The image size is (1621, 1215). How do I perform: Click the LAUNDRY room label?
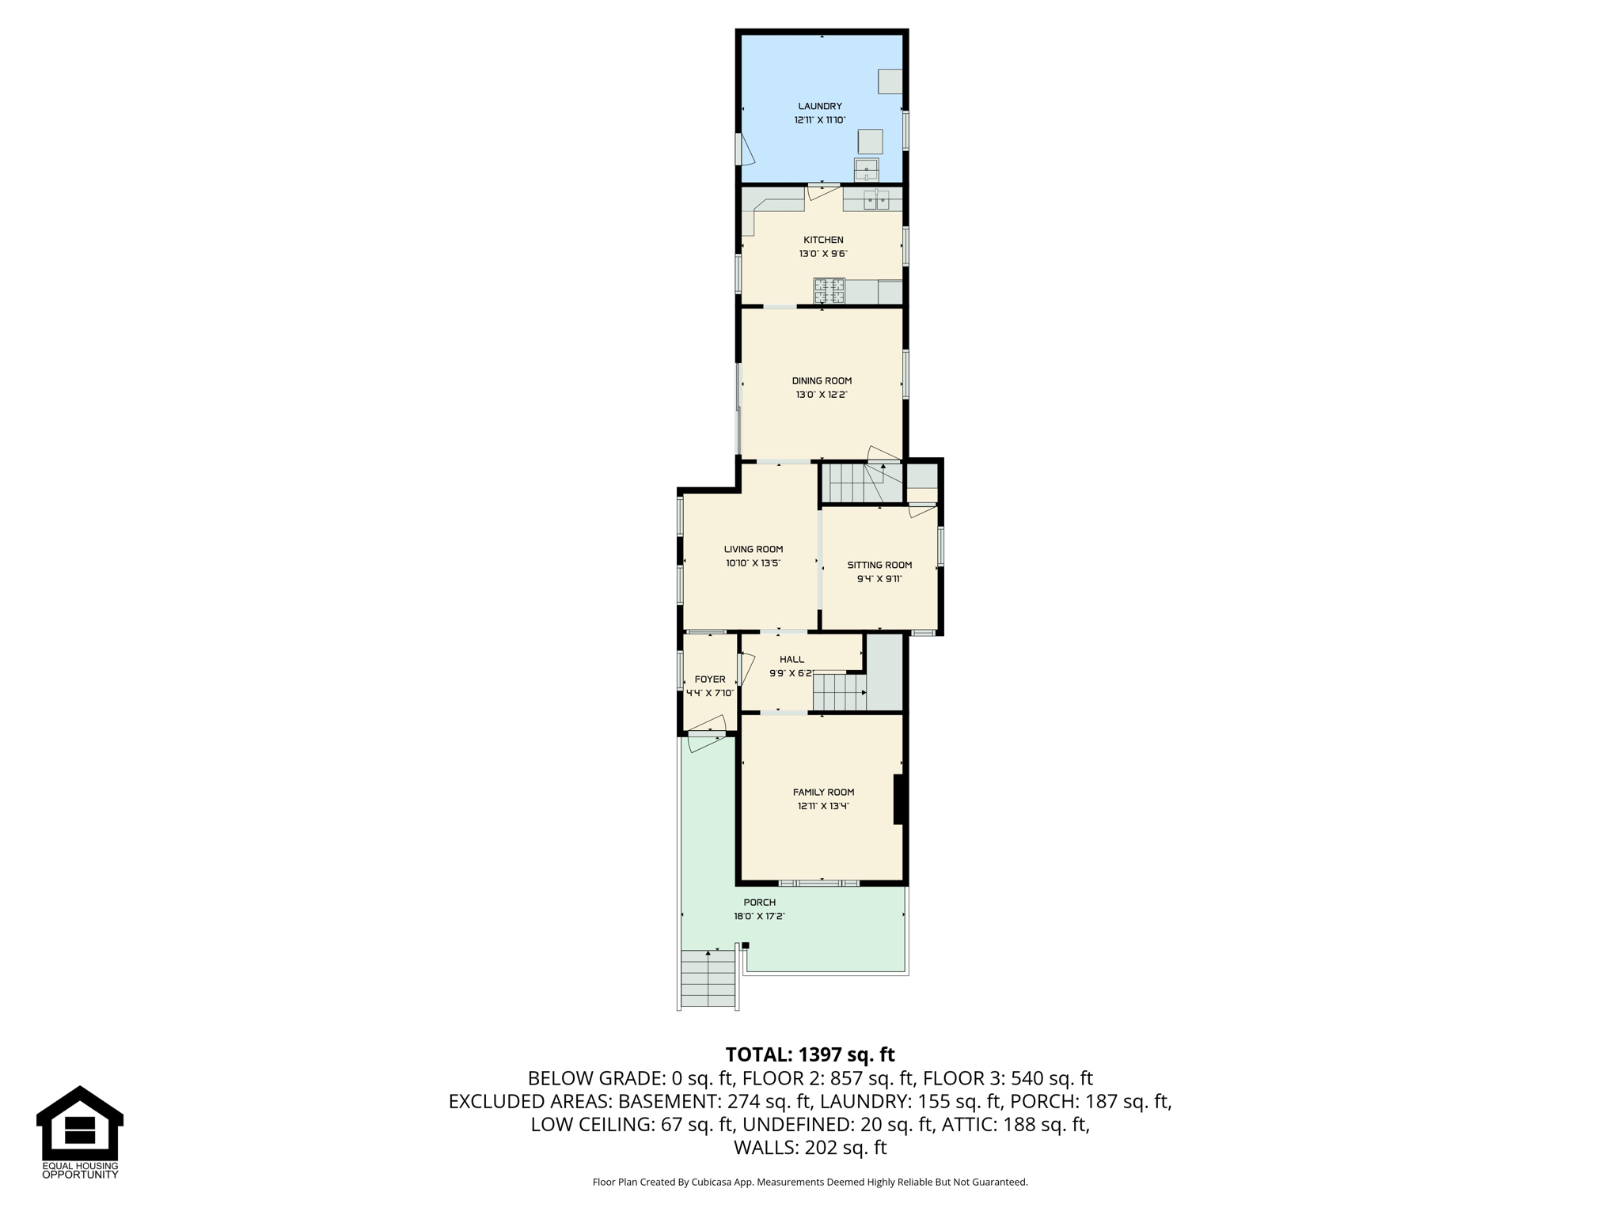(x=820, y=106)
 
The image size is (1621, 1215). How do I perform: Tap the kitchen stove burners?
(x=829, y=291)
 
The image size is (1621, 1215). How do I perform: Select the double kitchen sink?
(x=876, y=200)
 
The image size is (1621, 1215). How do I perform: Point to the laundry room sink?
(x=866, y=170)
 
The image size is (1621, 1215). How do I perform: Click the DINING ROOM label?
(x=822, y=380)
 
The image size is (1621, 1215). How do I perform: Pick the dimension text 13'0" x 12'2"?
(x=822, y=395)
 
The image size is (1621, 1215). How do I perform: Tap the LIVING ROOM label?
(x=754, y=549)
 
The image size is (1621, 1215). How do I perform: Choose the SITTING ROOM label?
(x=879, y=565)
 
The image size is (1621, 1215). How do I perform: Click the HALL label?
(x=792, y=659)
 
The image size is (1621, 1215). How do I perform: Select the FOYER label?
(x=710, y=679)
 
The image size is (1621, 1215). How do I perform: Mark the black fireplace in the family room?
(x=899, y=800)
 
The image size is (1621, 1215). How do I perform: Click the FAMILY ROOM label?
(x=823, y=792)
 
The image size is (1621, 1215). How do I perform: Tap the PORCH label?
(x=759, y=903)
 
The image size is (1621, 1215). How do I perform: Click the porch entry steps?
(x=708, y=978)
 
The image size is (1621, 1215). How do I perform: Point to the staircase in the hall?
(x=840, y=692)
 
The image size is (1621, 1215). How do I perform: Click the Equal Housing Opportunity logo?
(x=80, y=1132)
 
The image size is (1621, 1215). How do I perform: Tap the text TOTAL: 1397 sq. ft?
(x=810, y=1054)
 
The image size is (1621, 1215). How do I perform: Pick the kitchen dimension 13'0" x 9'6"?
(x=823, y=254)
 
